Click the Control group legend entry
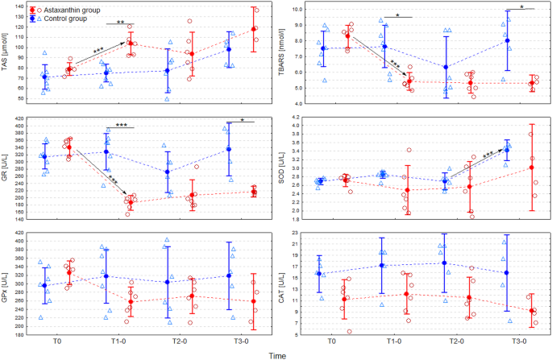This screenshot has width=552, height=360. click(x=64, y=16)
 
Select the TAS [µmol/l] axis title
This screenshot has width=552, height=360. click(x=6, y=56)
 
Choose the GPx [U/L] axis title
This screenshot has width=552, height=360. click(x=6, y=283)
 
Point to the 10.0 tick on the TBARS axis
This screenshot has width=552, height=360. click(x=296, y=10)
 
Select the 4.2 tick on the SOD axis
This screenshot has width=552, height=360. click(x=297, y=117)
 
